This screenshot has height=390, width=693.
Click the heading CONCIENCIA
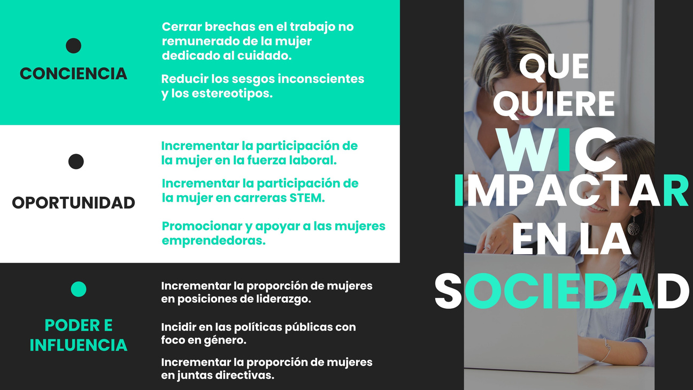[73, 74]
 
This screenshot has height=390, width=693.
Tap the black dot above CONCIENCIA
[74, 46]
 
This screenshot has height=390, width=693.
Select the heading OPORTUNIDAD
[73, 203]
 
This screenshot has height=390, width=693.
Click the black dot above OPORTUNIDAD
[76, 162]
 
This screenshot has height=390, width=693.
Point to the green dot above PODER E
[79, 289]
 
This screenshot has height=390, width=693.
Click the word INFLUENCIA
[79, 345]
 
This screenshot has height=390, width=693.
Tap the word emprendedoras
[214, 241]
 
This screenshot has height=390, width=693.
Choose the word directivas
[244, 376]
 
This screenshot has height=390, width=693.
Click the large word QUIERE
[554, 104]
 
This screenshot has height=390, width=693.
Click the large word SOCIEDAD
[562, 290]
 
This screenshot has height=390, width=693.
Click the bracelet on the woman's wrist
[606, 350]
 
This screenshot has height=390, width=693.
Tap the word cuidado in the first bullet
[265, 56]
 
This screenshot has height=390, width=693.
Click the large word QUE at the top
[554, 67]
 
